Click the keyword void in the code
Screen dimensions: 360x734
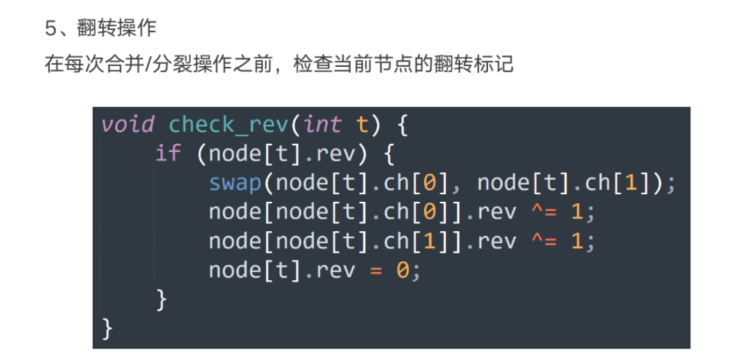pyautogui.click(x=127, y=125)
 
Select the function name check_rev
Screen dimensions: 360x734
pyautogui.click(x=228, y=125)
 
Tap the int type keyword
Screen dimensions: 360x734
pyautogui.click(x=322, y=125)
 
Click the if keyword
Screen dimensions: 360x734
pyautogui.click(x=168, y=153)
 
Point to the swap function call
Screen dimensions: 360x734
pyautogui.click(x=235, y=183)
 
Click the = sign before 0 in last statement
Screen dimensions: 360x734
pyautogui.click(x=376, y=271)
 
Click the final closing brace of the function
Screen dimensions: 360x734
pyautogui.click(x=107, y=328)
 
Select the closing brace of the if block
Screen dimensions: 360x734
pyautogui.click(x=162, y=299)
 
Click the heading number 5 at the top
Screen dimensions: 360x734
pyautogui.click(x=50, y=29)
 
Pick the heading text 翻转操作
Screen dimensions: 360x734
pyautogui.click(x=117, y=29)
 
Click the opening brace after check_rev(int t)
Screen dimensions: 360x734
pyautogui.click(x=401, y=125)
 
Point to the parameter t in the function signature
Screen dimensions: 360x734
pyautogui.click(x=362, y=125)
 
